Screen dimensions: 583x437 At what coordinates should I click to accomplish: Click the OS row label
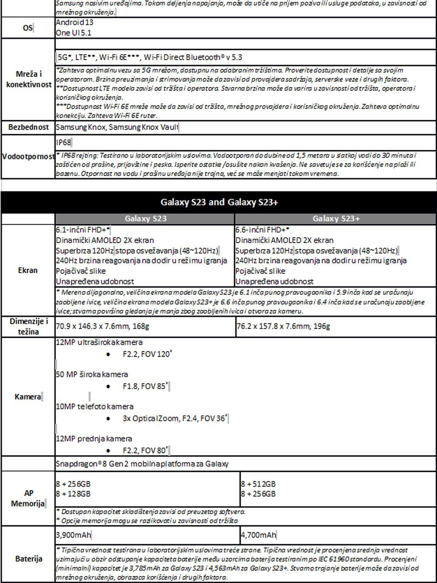point(28,28)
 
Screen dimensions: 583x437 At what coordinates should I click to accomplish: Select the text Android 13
point(74,22)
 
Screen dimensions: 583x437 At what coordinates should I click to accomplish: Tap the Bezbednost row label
point(28,127)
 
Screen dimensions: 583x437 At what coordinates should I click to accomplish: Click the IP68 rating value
point(63,142)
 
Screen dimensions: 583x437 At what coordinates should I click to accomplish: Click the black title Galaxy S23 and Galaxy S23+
point(219,202)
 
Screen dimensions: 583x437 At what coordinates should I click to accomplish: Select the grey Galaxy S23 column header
point(146,219)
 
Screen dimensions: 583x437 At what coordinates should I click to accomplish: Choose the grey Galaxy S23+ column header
point(336,219)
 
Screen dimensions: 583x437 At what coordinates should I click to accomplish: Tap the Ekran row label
point(28,270)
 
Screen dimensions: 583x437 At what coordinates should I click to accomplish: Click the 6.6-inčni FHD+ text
point(262,230)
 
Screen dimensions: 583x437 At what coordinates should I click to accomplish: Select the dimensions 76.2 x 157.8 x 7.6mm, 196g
point(283,326)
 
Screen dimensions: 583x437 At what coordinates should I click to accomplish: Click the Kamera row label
point(28,397)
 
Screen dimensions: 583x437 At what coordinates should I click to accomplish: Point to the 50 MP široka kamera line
point(92,375)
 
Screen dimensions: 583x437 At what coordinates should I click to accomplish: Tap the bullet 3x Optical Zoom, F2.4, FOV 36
point(174,419)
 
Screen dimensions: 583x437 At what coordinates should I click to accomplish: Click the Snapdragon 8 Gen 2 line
point(142,464)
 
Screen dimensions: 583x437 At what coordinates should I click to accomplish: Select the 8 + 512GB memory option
point(258,484)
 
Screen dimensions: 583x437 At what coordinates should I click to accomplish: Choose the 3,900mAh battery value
point(73,535)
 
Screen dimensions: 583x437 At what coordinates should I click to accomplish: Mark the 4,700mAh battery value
point(258,535)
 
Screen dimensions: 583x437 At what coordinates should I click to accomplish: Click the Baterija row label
point(28,559)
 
